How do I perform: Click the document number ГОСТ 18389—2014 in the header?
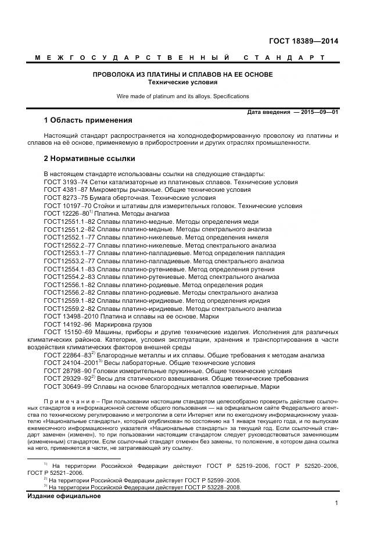coord(303,41)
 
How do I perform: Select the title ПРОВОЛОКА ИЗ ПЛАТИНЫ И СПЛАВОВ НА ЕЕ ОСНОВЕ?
coord(183,75)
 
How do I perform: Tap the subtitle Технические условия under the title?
coord(183,83)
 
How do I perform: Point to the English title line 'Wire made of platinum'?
coord(183,96)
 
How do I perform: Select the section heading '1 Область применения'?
coord(88,121)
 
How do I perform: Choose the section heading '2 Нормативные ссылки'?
coord(89,158)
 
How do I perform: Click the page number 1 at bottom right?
coord(336,504)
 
